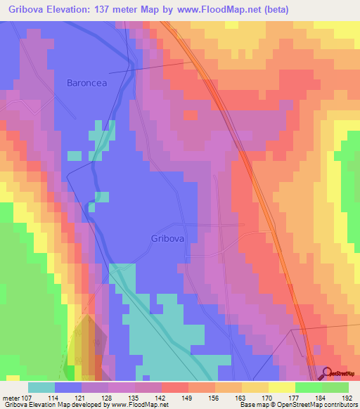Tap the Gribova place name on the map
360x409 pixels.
tap(168, 238)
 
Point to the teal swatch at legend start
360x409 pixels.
tap(41, 387)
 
